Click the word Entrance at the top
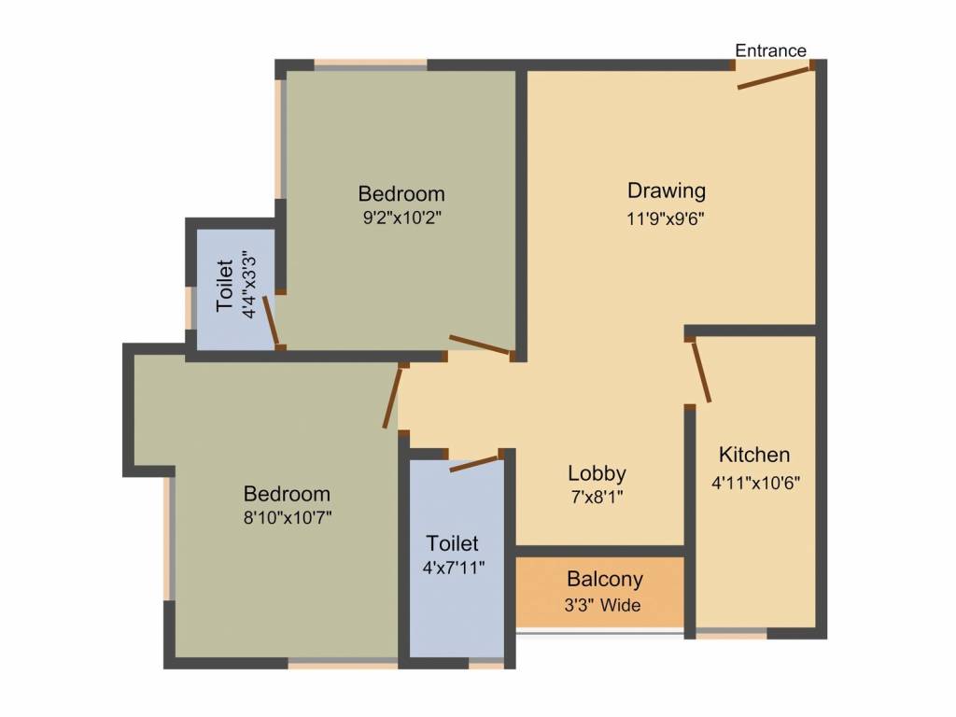[770, 50]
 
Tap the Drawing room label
[666, 191]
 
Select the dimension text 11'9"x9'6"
[666, 219]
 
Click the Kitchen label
[754, 456]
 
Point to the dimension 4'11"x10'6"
[755, 484]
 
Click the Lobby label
[597, 472]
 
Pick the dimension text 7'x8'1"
[596, 498]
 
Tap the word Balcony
[605, 579]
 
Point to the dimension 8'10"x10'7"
[287, 518]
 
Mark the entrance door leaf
[774, 77]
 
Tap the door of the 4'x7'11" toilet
[475, 463]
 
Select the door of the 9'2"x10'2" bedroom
[480, 344]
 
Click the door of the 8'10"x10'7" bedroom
[394, 397]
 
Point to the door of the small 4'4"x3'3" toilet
[271, 321]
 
